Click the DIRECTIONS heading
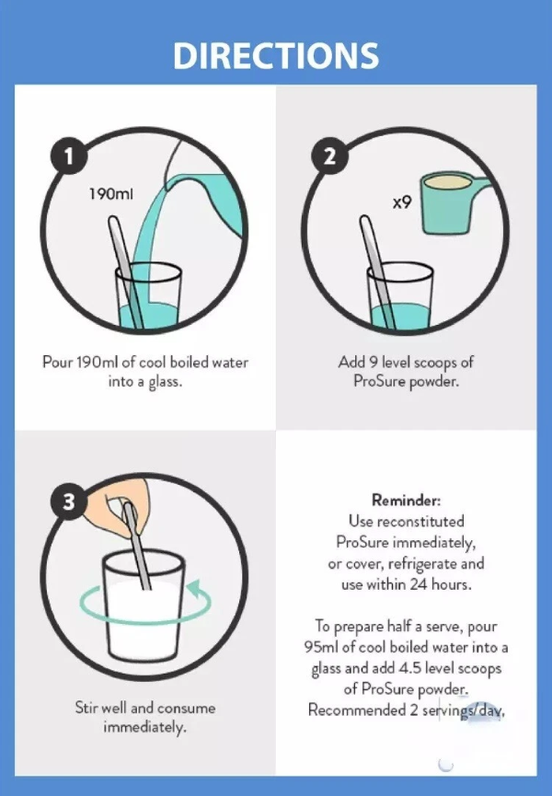[x=276, y=55]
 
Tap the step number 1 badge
[x=68, y=156]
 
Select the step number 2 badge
[x=329, y=156]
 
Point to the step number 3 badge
[x=68, y=502]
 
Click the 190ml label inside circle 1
[x=111, y=194]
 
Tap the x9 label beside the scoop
[x=402, y=202]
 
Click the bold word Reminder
[x=407, y=500]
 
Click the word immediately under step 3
[x=144, y=728]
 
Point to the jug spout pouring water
[x=169, y=185]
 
